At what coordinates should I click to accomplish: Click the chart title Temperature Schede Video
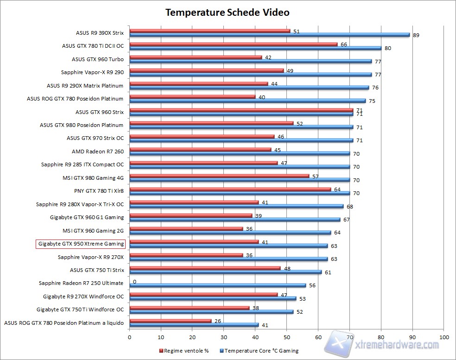(x=228, y=13)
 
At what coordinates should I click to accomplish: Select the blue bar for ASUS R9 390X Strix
(x=269, y=35)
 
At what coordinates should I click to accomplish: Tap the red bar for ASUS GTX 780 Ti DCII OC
(x=233, y=44)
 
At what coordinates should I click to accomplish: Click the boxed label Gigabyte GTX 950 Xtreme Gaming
(x=81, y=244)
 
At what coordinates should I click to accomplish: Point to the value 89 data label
(x=416, y=35)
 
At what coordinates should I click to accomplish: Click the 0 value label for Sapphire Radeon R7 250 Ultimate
(x=134, y=281)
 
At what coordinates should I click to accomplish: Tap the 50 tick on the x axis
(x=287, y=337)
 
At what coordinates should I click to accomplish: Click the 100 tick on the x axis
(x=444, y=337)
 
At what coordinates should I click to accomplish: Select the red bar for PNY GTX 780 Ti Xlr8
(x=230, y=189)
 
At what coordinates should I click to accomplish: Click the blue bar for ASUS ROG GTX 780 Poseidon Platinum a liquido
(x=194, y=324)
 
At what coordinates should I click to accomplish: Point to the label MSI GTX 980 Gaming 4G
(x=93, y=177)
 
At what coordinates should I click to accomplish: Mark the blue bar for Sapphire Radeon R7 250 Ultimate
(x=217, y=285)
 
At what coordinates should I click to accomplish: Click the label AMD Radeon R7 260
(x=98, y=151)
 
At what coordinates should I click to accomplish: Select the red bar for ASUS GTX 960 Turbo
(x=196, y=57)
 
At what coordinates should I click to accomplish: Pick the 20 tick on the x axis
(x=192, y=337)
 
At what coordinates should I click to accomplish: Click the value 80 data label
(x=387, y=48)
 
